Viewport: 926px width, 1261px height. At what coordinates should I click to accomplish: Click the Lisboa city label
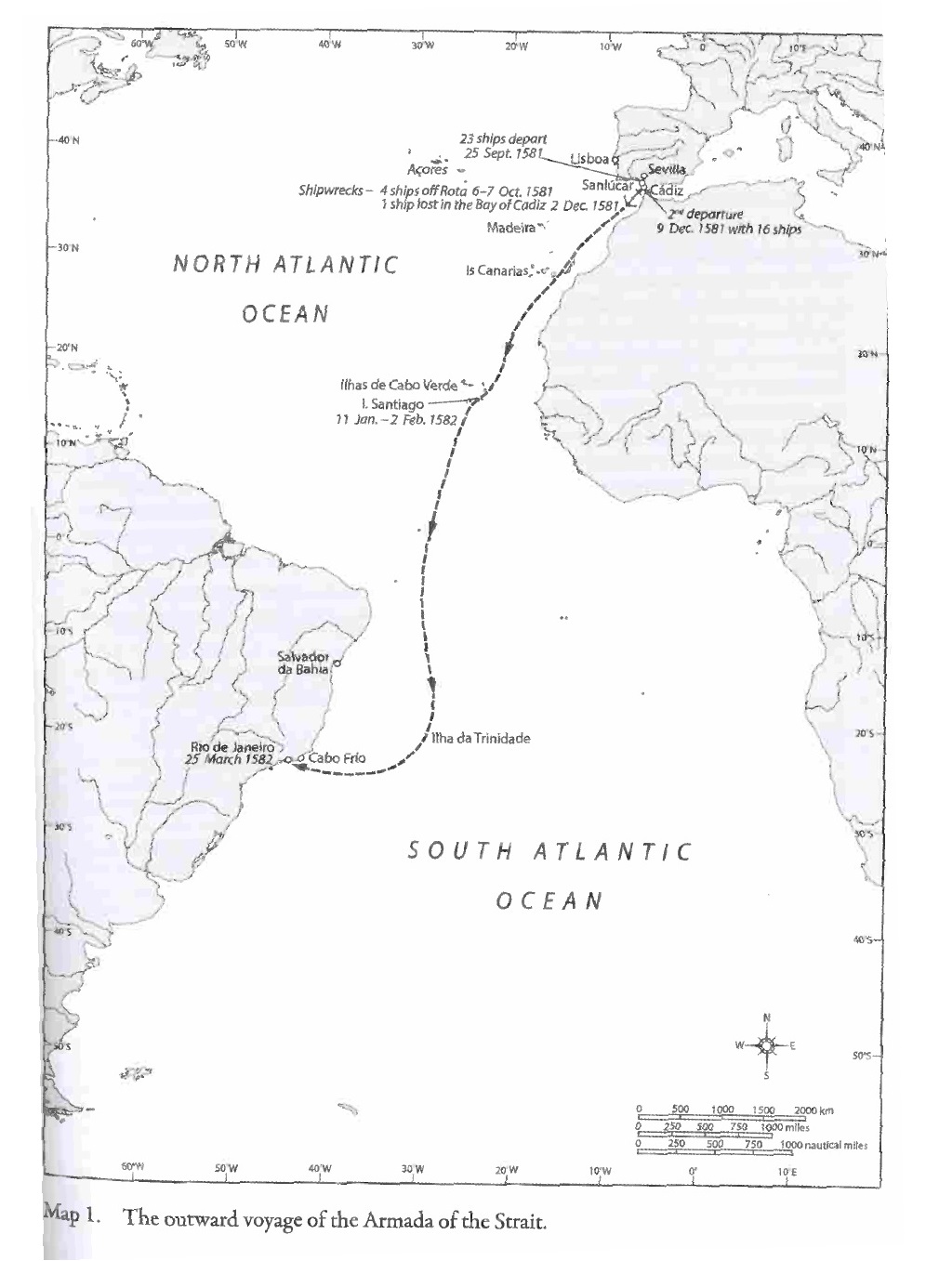(x=588, y=159)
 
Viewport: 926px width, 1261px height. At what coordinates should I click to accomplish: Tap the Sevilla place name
(x=667, y=170)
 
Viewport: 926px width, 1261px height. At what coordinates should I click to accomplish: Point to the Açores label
(x=428, y=170)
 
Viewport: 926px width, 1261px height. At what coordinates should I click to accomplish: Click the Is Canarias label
(x=496, y=272)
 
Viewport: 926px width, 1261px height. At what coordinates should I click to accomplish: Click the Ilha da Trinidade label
(x=481, y=739)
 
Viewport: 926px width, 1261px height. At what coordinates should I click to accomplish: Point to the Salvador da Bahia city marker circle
(x=337, y=663)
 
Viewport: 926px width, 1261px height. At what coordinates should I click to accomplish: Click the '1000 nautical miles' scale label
(x=824, y=1145)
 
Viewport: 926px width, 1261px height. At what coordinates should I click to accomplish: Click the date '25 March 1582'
(x=229, y=759)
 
